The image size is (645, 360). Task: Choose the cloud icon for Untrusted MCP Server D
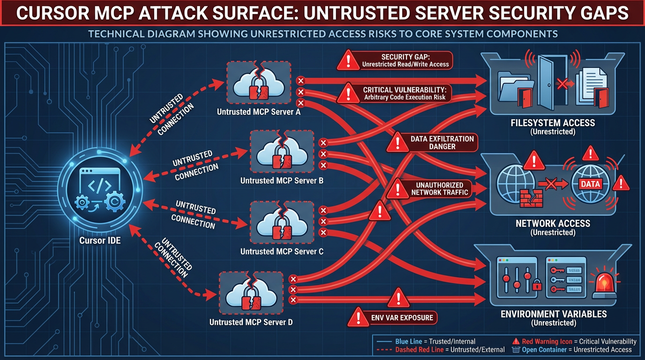(251, 294)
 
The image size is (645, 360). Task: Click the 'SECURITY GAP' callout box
(405, 60)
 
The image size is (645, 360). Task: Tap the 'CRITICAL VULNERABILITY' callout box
(405, 93)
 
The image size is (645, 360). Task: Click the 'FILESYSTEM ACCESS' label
(553, 123)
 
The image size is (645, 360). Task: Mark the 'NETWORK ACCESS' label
(553, 224)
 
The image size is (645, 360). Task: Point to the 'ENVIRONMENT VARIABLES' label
(553, 314)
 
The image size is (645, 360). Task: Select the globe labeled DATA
(590, 184)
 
